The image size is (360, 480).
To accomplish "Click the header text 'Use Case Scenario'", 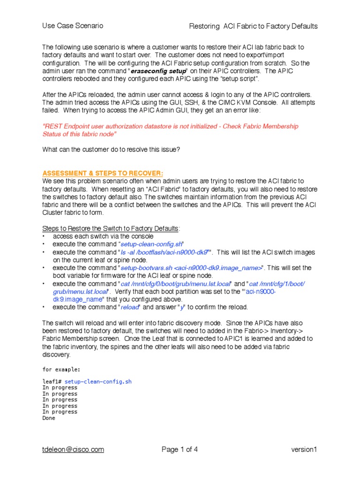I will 73,26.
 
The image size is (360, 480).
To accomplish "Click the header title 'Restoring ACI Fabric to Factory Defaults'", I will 253,26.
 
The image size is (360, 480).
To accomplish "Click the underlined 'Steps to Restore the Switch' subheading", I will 111,228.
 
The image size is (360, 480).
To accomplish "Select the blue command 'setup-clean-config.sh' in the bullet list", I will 151,244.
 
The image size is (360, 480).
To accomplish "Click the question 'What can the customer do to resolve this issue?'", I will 111,150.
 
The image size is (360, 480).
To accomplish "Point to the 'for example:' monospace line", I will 60,369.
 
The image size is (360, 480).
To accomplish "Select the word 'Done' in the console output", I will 48,418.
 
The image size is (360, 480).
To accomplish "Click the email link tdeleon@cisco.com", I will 73,450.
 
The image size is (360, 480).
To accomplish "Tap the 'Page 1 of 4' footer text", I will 180,450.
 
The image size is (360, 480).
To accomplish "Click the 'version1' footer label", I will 304,450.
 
